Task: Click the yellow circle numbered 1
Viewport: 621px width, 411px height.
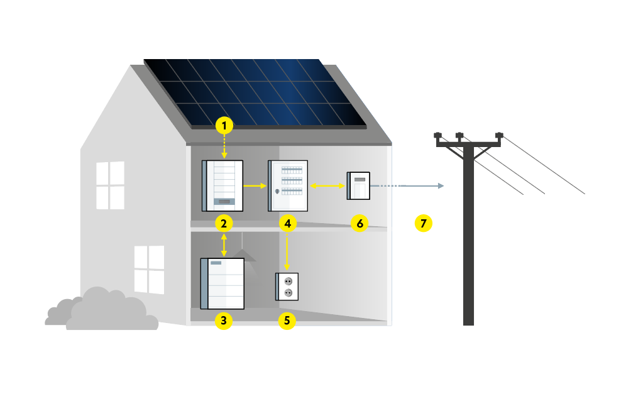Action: coord(224,126)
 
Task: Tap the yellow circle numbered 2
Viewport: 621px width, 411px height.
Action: coord(224,223)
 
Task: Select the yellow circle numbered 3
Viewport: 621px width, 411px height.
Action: coord(224,321)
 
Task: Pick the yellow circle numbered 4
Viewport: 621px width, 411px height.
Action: coord(287,223)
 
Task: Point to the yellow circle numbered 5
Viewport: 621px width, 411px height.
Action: coord(287,321)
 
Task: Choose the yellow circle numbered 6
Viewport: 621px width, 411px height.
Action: coord(360,223)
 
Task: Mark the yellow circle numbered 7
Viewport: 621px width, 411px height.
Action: coord(423,223)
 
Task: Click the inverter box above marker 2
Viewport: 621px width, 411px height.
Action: coord(223,185)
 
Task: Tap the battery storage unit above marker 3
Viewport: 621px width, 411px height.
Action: coord(223,283)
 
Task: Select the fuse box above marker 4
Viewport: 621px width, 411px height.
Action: coord(289,185)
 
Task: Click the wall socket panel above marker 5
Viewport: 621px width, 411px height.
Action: coord(287,287)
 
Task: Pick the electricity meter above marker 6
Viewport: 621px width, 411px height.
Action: coord(358,185)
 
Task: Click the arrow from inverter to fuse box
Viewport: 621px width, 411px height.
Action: coord(254,186)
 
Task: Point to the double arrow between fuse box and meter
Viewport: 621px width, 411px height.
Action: coord(327,186)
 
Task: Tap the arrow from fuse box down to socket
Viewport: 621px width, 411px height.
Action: coord(287,251)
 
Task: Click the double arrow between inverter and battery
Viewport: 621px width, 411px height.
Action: coord(224,245)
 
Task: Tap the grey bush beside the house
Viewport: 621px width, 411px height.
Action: coord(101,311)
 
